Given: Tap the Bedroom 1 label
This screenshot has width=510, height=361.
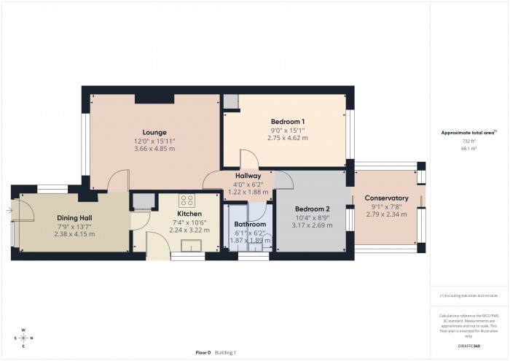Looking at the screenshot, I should coord(287,121).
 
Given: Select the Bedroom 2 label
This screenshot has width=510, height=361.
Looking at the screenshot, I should coord(313,209).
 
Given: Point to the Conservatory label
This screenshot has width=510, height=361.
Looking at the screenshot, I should coord(386,198).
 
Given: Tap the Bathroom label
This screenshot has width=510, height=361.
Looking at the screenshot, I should coord(250,225).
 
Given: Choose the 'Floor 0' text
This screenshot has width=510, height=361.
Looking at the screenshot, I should coord(203,352).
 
